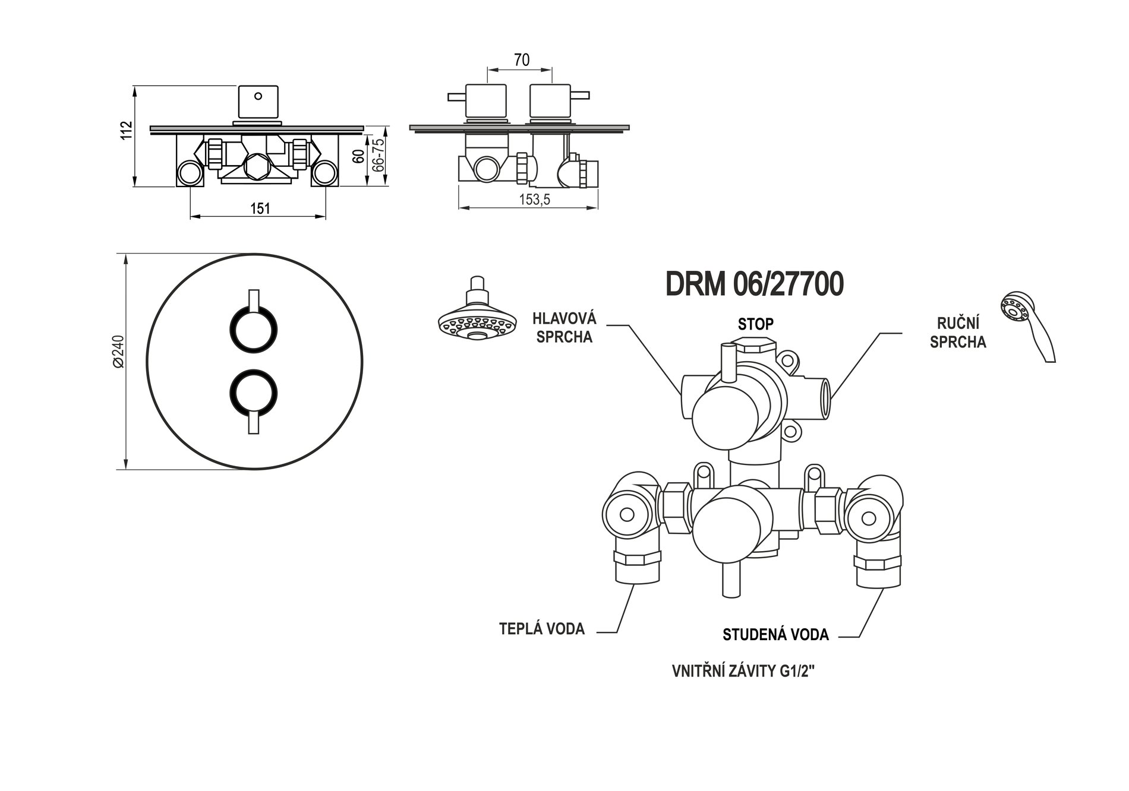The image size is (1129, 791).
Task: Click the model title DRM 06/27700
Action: click(x=754, y=284)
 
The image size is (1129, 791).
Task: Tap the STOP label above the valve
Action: click(x=755, y=324)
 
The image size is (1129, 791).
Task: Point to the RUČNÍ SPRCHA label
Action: click(x=958, y=333)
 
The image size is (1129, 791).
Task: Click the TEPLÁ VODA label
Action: click(x=542, y=629)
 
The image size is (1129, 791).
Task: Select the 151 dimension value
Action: click(x=260, y=208)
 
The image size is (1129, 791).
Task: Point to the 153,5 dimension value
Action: click(x=534, y=200)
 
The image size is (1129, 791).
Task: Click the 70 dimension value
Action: click(x=521, y=60)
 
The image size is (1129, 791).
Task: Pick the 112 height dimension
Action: click(x=126, y=131)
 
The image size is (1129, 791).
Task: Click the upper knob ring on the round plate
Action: click(x=254, y=330)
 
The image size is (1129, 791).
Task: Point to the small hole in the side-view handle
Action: click(x=258, y=95)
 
